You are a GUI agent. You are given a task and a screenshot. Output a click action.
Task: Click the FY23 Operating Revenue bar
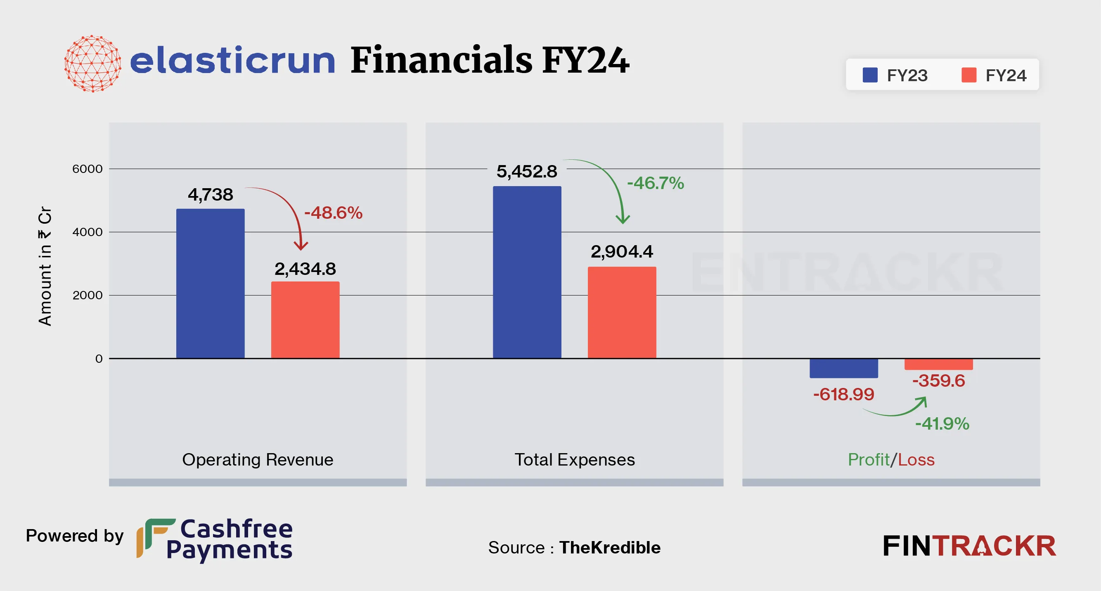210,283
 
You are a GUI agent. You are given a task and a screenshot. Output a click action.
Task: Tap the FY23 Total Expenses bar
527,272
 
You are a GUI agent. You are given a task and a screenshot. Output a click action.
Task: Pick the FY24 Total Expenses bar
621,312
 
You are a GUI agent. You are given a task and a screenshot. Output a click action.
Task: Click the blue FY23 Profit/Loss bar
843,369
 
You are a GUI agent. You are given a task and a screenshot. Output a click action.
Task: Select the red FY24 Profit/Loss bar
938,364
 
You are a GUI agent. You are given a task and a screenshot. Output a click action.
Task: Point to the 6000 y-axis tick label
87,169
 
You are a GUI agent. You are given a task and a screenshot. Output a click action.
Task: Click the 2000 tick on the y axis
87,295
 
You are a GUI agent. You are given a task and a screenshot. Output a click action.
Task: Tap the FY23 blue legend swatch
870,75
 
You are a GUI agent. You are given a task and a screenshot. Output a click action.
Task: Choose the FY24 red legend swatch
968,75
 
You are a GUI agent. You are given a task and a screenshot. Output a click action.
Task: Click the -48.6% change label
334,213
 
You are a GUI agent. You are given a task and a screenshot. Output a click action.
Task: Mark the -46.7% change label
655,183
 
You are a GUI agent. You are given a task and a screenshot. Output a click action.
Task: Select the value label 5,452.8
527,171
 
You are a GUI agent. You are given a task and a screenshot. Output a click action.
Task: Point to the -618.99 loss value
843,395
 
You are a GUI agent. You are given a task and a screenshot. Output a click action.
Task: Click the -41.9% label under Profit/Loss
942,424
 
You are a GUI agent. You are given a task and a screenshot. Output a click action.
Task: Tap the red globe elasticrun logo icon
92,64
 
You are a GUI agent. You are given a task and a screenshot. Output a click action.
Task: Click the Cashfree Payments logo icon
155,538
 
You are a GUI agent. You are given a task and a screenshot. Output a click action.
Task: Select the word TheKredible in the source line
609,547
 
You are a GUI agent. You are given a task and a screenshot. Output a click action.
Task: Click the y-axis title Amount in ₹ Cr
45,266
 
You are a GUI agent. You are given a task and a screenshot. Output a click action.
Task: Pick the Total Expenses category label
574,460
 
